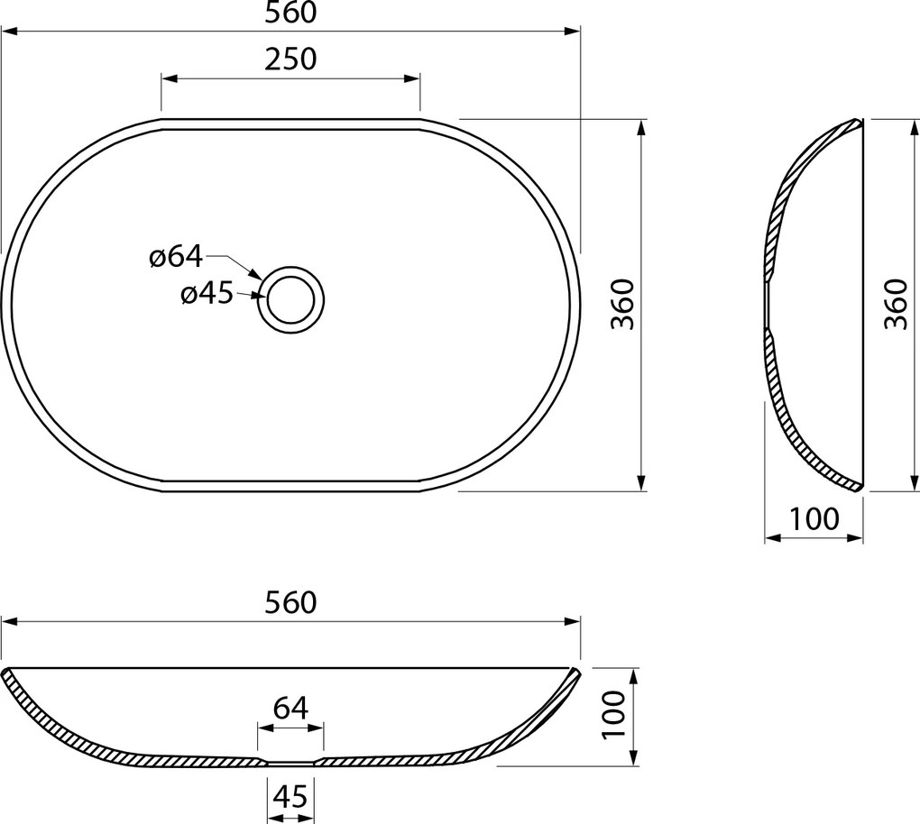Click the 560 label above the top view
290,13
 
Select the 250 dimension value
290,59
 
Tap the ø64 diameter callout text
176,257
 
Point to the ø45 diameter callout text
207,294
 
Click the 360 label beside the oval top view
622,305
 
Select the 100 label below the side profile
814,518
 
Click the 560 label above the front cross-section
290,602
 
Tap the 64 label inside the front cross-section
290,708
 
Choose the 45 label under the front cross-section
290,796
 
